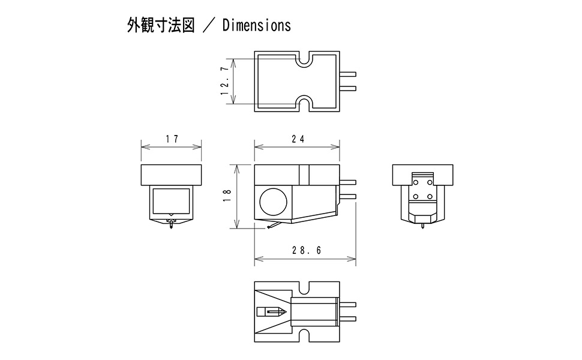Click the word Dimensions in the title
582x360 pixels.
(x=256, y=25)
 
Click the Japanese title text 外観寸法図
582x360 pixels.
(x=161, y=25)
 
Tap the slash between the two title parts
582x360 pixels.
(x=208, y=26)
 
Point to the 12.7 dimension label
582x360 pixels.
(x=224, y=81)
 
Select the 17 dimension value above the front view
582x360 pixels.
(x=172, y=139)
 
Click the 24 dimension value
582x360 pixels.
(x=298, y=139)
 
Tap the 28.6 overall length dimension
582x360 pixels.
(x=307, y=251)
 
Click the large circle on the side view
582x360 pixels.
(x=274, y=201)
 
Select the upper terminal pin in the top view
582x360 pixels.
(x=347, y=74)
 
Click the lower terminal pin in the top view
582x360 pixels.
(x=347, y=89)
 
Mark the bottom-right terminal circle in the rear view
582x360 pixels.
(x=430, y=196)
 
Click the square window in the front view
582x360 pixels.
(x=171, y=200)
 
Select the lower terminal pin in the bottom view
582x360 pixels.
(x=347, y=319)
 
